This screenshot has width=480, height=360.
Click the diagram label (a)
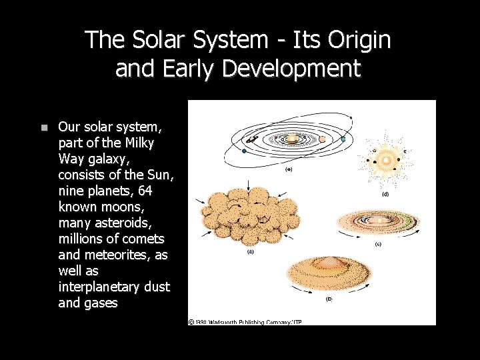click(x=251, y=252)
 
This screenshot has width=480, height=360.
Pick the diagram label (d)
click(x=385, y=195)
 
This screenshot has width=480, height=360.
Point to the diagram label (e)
click(x=289, y=169)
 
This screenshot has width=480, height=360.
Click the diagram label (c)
click(x=378, y=244)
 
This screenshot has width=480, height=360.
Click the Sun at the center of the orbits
click(x=293, y=139)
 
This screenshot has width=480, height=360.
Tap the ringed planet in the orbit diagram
click(x=253, y=139)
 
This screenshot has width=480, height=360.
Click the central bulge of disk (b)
click(x=327, y=264)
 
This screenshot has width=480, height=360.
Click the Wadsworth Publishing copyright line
click(x=245, y=322)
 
